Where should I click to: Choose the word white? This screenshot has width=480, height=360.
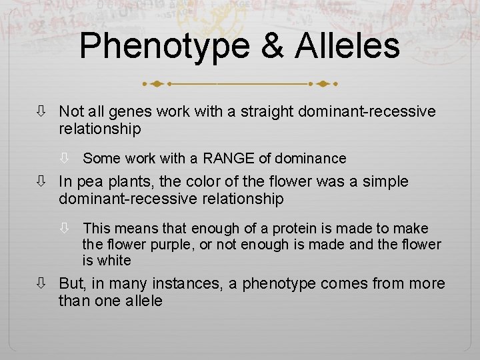114,261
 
